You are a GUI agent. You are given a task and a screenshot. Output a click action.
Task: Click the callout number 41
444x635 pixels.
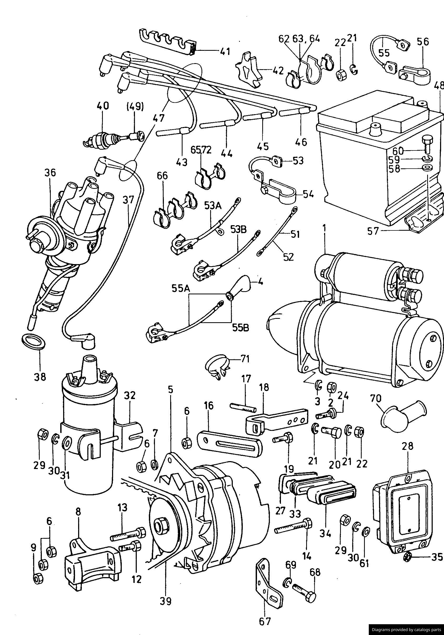pyautogui.click(x=225, y=52)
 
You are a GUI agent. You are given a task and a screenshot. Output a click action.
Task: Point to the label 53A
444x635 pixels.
pyautogui.click(x=213, y=206)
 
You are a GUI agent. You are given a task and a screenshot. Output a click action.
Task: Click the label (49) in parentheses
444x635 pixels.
pyautogui.click(x=135, y=107)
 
